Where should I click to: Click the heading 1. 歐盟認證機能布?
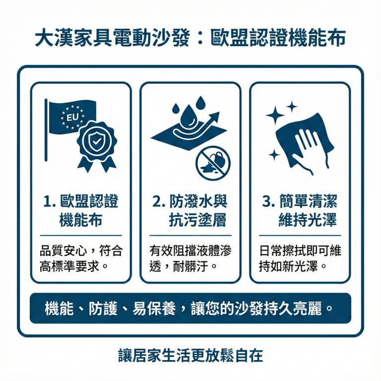tap(81, 210)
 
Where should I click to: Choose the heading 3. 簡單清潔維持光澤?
tap(300, 210)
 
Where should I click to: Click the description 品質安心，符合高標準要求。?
tap(81, 257)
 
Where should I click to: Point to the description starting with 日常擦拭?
tap(300, 257)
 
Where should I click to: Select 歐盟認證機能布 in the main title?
tap(278, 39)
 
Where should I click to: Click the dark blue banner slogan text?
tap(190, 308)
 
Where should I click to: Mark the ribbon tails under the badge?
tap(96, 164)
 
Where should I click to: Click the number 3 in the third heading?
tap(268, 202)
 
